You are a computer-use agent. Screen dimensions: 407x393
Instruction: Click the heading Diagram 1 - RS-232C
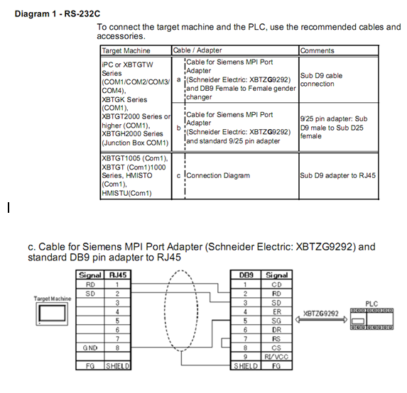point(58,13)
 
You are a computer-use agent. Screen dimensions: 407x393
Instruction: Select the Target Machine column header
point(126,50)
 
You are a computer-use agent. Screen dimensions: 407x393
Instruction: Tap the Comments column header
point(318,50)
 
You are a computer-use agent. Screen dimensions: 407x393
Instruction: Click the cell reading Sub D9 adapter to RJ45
point(337,175)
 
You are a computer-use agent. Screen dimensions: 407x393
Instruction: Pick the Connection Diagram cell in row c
point(218,175)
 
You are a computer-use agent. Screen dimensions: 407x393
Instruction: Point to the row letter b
point(178,128)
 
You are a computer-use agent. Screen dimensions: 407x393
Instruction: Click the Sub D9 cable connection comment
point(321,79)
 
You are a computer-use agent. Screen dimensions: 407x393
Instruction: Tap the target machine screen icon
point(52,314)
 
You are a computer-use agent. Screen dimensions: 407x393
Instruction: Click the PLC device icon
point(371,319)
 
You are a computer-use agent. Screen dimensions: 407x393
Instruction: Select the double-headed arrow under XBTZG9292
point(321,319)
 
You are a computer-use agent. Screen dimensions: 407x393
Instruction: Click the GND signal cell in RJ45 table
point(90,348)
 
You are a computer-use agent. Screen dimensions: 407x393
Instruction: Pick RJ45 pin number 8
point(117,348)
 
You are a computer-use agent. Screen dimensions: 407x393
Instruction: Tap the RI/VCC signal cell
point(276,357)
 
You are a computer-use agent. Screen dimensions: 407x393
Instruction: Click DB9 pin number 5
point(245,321)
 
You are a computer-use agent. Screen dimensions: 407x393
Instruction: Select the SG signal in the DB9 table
point(276,321)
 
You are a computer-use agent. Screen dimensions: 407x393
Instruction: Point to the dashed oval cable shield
point(165,311)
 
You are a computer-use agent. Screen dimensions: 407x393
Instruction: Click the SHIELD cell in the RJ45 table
point(118,366)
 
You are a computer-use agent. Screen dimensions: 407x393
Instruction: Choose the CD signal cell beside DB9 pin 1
point(276,284)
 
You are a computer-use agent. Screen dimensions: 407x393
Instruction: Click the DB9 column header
point(246,275)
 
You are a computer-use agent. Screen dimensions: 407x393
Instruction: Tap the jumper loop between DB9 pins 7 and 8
point(222,343)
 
